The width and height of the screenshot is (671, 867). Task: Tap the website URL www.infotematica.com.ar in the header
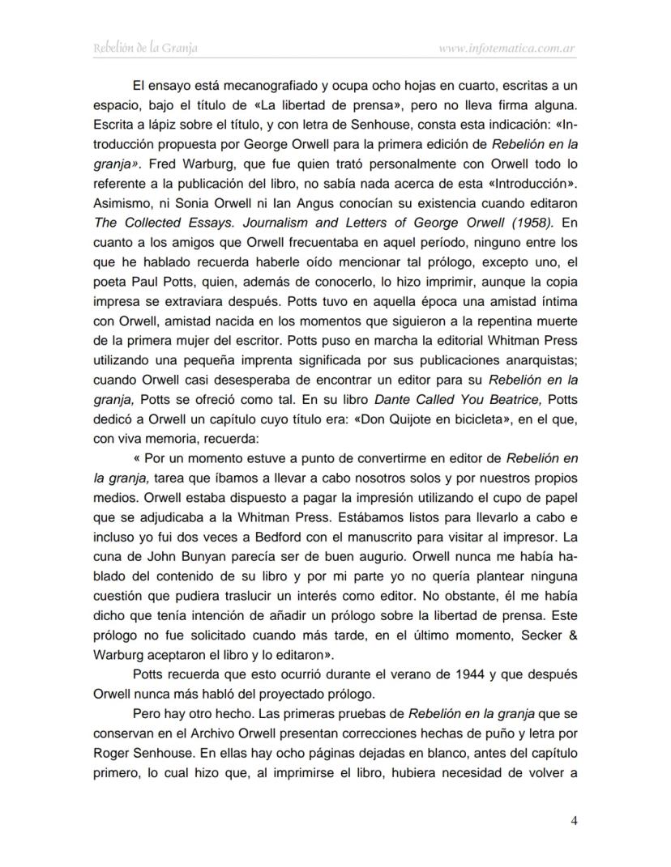click(x=506, y=49)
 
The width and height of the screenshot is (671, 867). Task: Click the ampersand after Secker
click(x=571, y=636)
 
